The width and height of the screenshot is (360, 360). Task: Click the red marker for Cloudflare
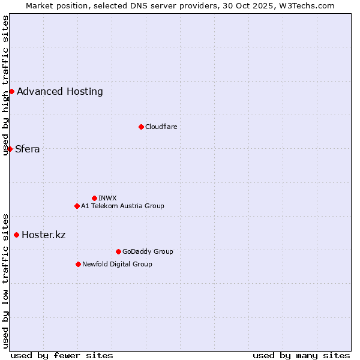pyautogui.click(x=141, y=127)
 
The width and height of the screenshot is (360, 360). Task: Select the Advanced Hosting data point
pyautogui.click(x=11, y=91)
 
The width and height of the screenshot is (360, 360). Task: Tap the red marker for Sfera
pyautogui.click(x=10, y=149)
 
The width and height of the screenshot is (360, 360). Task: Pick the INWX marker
pyautogui.click(x=94, y=198)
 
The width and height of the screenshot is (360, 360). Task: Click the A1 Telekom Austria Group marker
pyautogui.click(x=77, y=206)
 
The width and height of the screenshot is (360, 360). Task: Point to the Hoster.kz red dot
pyautogui.click(x=16, y=235)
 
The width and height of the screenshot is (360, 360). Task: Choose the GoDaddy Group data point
pyautogui.click(x=118, y=251)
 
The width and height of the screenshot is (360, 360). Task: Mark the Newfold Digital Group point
pyautogui.click(x=78, y=264)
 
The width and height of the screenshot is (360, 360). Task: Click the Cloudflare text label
pyautogui.click(x=161, y=127)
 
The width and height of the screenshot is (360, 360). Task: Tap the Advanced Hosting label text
pyautogui.click(x=60, y=91)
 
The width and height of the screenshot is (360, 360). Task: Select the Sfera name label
pyautogui.click(x=28, y=149)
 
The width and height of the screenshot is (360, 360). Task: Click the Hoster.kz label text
pyautogui.click(x=44, y=235)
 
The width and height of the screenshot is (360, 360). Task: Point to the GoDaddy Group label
pyautogui.click(x=148, y=251)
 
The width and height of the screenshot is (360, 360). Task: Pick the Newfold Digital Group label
pyautogui.click(x=117, y=264)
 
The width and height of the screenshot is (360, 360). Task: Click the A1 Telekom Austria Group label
pyautogui.click(x=122, y=206)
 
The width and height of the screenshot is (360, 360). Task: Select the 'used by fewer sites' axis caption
pyautogui.click(x=62, y=355)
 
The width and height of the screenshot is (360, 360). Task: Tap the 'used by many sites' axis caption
pyautogui.click(x=301, y=355)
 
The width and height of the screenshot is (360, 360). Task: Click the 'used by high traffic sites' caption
pyautogui.click(x=5, y=85)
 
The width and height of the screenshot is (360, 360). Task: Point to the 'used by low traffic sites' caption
pyautogui.click(x=5, y=280)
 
